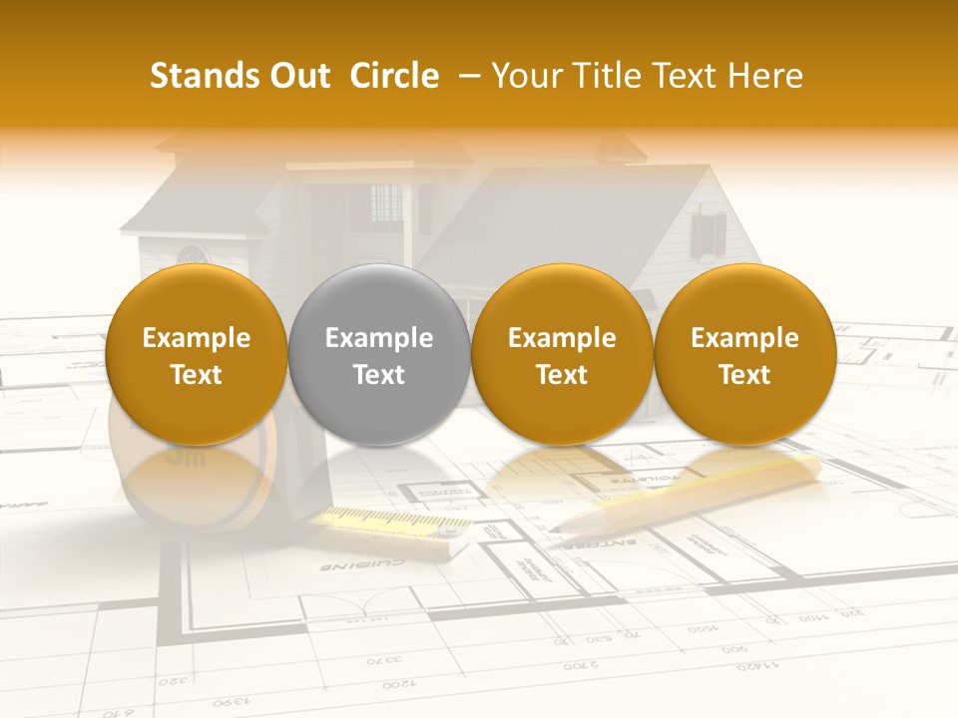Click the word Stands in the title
(x=205, y=76)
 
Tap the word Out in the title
(x=298, y=76)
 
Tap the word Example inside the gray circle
(x=379, y=338)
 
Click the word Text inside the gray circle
(x=379, y=375)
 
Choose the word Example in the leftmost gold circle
(x=197, y=338)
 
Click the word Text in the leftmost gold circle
(x=197, y=375)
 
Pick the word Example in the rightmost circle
(x=744, y=338)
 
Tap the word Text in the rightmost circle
(x=744, y=375)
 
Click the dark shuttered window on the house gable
(x=708, y=230)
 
